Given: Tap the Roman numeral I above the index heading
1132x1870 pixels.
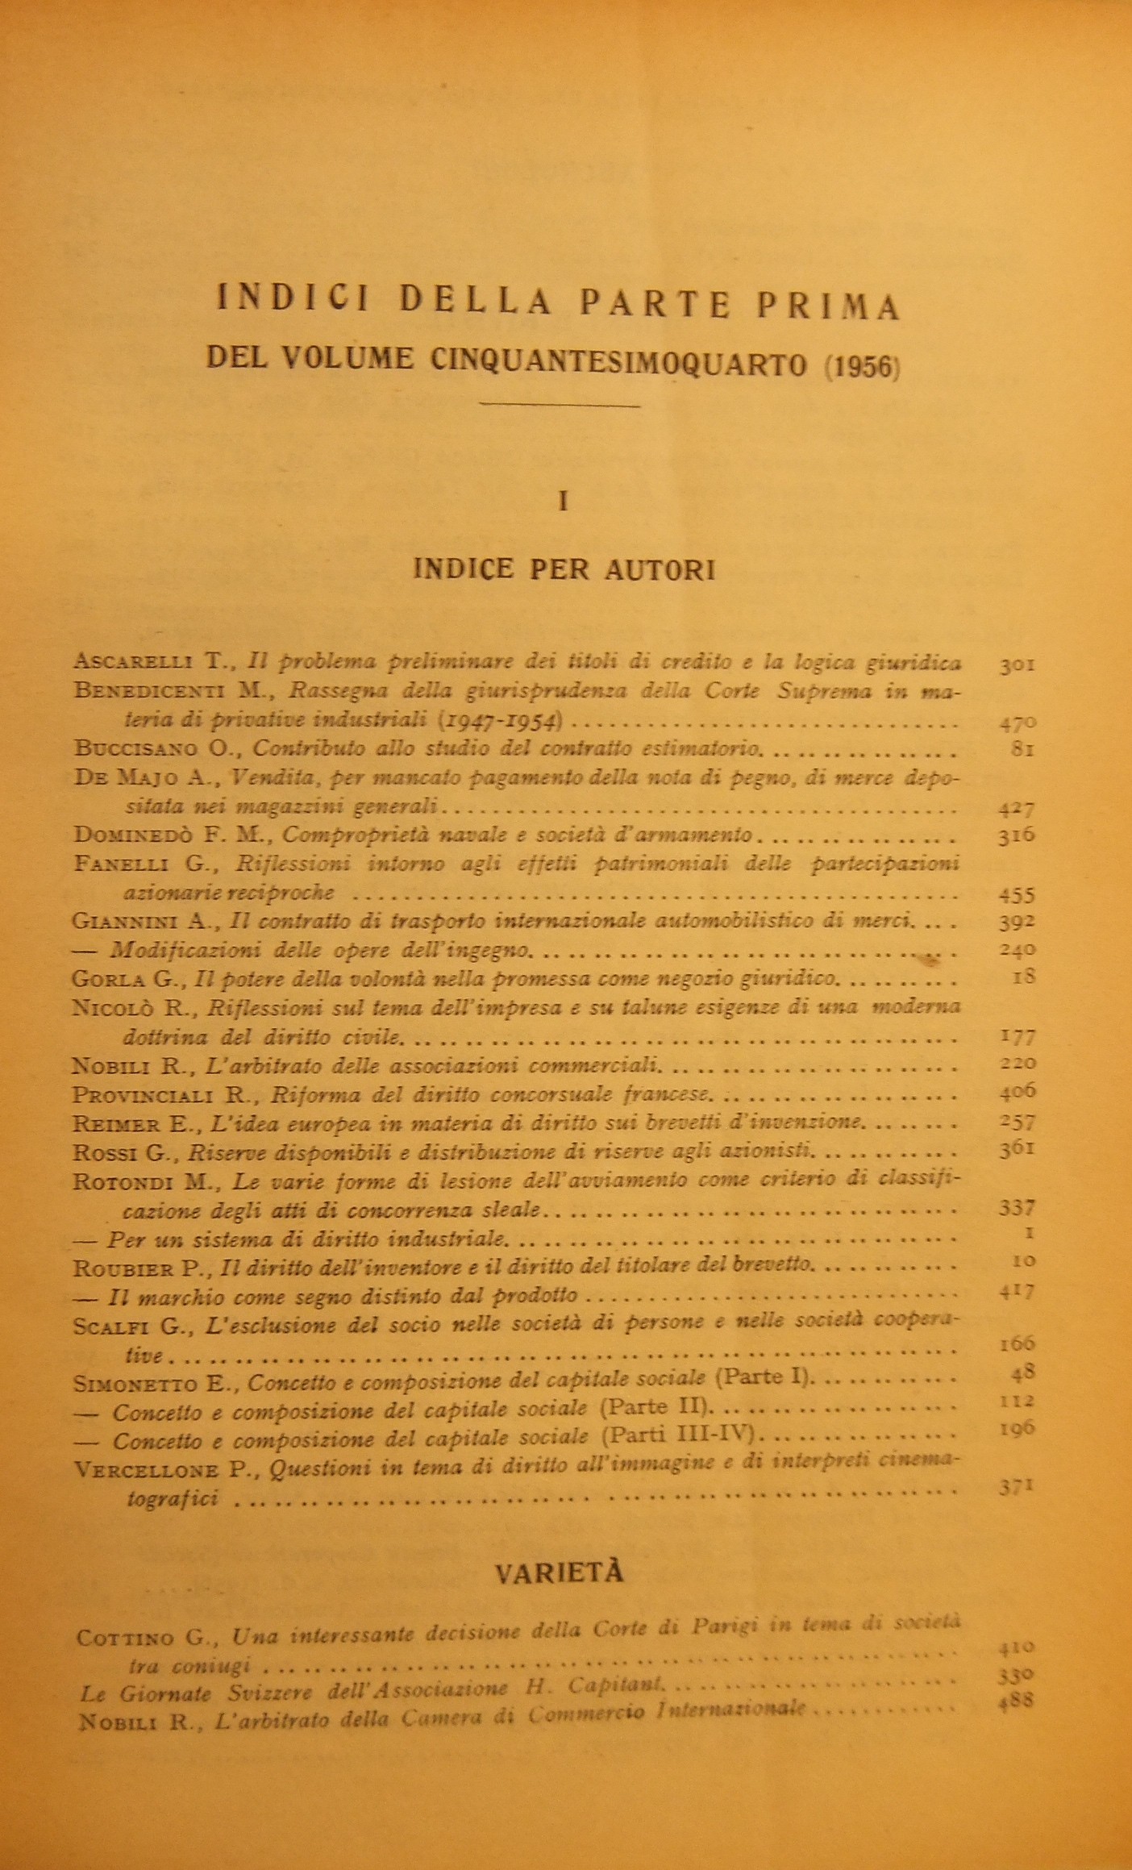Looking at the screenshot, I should tap(564, 501).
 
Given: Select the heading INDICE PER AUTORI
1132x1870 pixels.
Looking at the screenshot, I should tap(564, 569).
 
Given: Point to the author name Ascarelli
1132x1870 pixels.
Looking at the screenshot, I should tap(132, 662).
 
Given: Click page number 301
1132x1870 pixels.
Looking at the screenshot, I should tap(1017, 665).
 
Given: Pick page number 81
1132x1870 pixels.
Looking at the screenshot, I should tap(1023, 749).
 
